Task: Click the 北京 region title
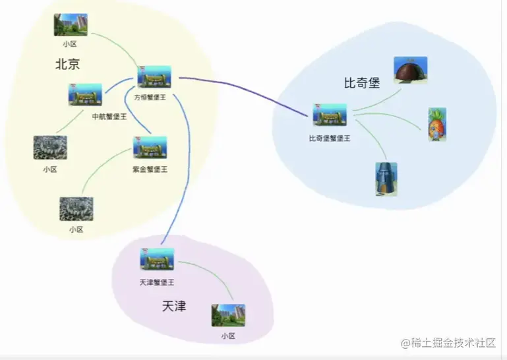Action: point(67,64)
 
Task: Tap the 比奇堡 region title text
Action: point(362,83)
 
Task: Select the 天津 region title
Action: point(174,306)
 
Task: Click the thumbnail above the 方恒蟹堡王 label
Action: point(154,77)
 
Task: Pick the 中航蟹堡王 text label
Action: point(109,117)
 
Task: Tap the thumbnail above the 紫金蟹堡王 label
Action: point(150,148)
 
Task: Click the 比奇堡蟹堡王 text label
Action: point(330,138)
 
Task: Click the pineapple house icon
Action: point(437,124)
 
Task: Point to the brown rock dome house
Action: point(410,70)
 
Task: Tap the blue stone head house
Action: point(386,179)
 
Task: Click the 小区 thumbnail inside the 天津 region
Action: point(228,315)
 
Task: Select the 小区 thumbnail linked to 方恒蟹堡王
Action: point(71,25)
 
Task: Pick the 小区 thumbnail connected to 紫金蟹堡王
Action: point(76,208)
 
